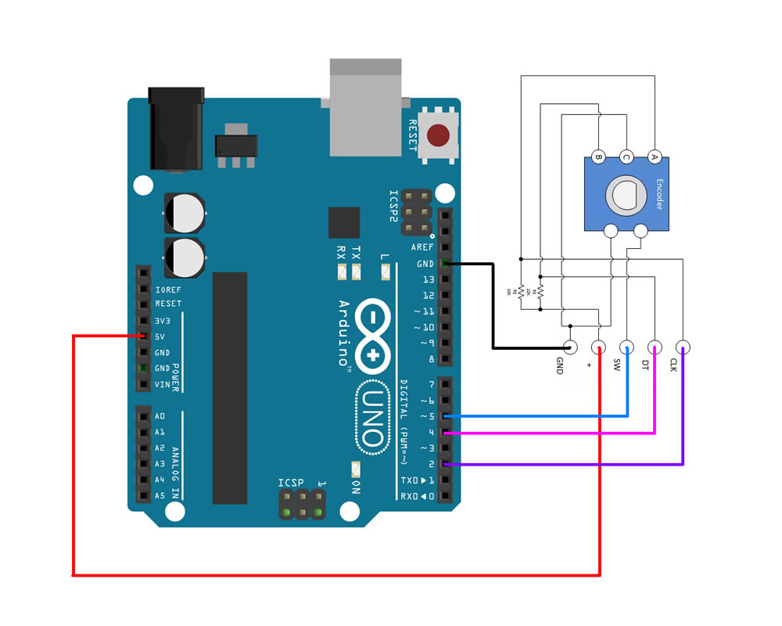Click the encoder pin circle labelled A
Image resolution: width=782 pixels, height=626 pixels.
[655, 156]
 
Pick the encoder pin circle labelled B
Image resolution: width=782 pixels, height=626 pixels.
[598, 156]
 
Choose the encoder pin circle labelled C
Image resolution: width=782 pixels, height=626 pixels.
[626, 156]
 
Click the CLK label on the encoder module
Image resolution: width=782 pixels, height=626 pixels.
[673, 365]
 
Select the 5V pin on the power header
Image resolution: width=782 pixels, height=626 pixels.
[143, 336]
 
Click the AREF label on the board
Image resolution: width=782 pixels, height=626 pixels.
[422, 247]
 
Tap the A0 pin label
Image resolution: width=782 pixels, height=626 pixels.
[160, 416]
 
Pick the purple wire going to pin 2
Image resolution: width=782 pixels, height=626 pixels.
[563, 465]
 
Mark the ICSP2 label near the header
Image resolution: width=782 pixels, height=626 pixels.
[393, 207]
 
